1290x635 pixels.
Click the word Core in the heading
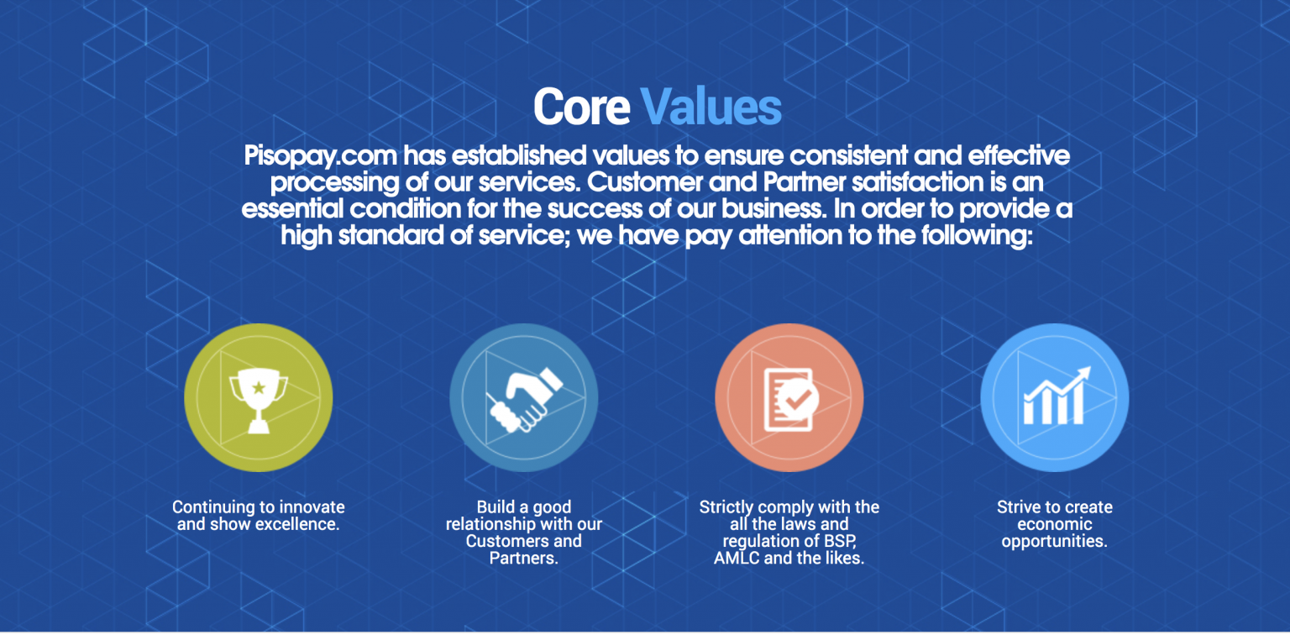click(582, 108)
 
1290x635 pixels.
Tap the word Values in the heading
click(711, 108)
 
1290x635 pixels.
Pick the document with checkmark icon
click(790, 399)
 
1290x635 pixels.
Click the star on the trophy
click(259, 387)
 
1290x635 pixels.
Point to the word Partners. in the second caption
click(524, 558)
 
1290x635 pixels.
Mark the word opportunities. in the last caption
click(1055, 542)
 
